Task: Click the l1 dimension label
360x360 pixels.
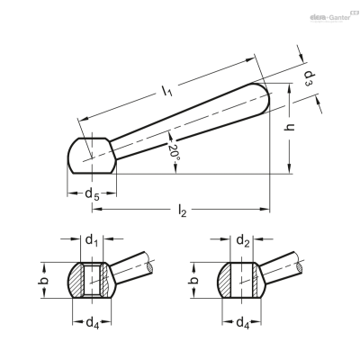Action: [166, 91]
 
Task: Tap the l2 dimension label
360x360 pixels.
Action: [182, 211]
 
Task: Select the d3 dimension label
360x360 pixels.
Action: [308, 78]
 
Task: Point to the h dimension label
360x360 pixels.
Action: [289, 128]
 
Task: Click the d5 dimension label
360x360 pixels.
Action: [92, 194]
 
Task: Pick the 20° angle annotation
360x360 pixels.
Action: [174, 153]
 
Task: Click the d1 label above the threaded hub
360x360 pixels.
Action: [92, 240]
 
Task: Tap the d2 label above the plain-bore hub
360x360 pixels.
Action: [243, 240]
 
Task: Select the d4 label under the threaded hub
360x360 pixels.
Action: [93, 323]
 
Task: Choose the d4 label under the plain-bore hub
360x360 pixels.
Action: [243, 323]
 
